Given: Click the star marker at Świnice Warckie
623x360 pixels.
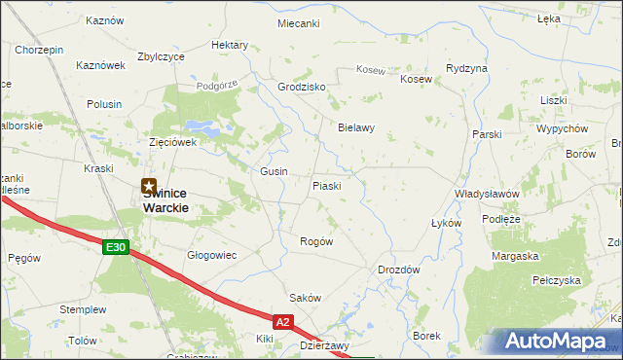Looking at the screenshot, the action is pos(149,186).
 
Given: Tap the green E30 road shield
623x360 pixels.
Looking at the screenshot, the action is pos(116,248).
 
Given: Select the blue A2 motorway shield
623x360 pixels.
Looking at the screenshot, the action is pos(282,320).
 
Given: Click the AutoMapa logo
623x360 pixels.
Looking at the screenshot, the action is pos(552,342).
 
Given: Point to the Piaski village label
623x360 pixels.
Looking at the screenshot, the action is pos(326,186).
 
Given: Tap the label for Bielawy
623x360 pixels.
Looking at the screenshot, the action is pos(356,127).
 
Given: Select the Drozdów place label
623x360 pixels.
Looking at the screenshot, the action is pos(398,270).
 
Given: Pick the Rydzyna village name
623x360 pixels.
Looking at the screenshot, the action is pos(466,68).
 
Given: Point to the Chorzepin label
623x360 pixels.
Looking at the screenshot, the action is pos(39,50).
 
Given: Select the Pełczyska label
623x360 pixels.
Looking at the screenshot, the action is pos(557,279).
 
